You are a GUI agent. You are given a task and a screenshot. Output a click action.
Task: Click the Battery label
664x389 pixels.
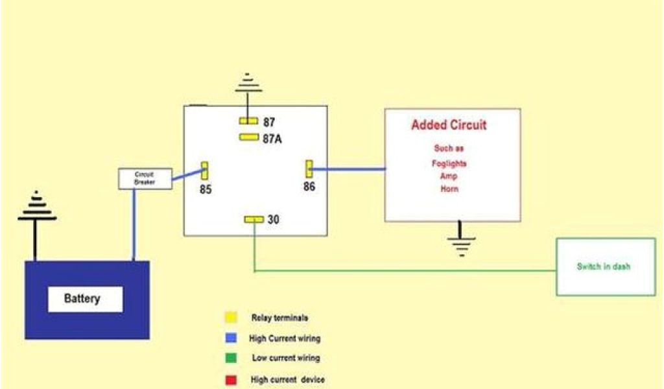point(82,299)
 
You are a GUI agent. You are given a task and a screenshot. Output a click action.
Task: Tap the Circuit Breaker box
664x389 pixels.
point(145,179)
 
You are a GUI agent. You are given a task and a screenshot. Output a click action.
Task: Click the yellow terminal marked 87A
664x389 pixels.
point(248,137)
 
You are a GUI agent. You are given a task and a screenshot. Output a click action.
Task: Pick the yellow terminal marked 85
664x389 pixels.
point(205,171)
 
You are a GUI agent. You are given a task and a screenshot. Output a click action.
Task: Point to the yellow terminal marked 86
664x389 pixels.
point(309,170)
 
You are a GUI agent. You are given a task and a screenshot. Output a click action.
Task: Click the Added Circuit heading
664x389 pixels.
point(449,125)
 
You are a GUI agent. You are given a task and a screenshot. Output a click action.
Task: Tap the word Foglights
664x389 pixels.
point(449,163)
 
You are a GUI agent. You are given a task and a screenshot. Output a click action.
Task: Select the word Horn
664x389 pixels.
point(449,189)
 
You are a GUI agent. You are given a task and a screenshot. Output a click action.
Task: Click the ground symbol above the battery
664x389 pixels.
point(36,207)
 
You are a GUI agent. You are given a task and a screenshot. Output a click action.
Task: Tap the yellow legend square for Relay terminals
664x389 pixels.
point(230,318)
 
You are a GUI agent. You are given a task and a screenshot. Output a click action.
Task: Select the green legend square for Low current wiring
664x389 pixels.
point(230,358)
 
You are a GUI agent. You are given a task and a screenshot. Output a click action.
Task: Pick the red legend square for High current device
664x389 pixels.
point(230,379)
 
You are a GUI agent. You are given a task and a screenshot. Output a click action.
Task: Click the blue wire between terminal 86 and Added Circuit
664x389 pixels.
point(349,170)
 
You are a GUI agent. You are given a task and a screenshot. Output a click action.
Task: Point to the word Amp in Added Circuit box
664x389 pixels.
point(449,176)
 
